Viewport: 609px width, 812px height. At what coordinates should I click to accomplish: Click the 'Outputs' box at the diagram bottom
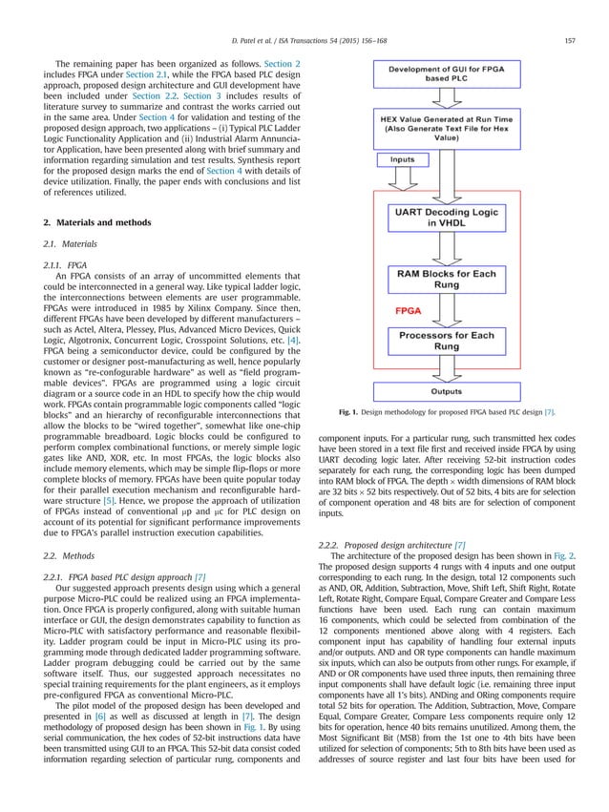click(x=445, y=390)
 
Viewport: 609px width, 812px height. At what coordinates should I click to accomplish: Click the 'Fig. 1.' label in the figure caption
click(x=350, y=412)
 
